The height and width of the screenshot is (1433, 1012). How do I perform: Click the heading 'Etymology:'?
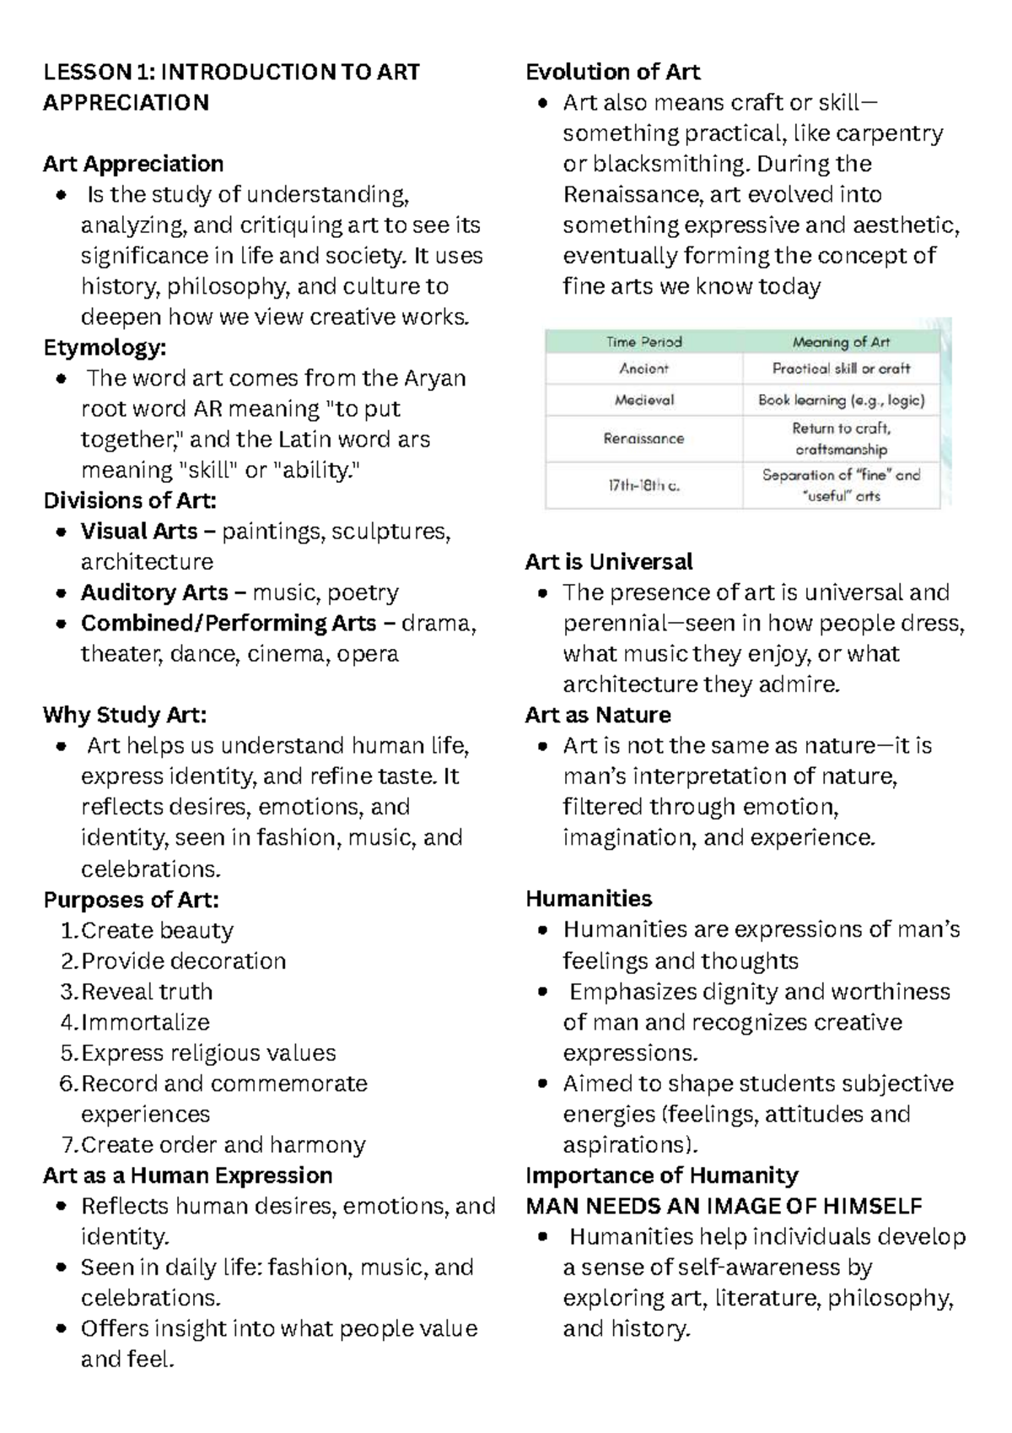(x=105, y=347)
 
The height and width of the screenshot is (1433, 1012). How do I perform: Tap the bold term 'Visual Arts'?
(x=138, y=531)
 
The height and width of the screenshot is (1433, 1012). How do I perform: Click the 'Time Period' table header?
(x=643, y=342)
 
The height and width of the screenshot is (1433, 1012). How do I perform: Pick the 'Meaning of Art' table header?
(x=841, y=342)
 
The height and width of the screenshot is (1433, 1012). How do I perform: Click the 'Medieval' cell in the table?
(x=643, y=400)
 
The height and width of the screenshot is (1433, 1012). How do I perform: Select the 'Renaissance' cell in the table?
(x=643, y=439)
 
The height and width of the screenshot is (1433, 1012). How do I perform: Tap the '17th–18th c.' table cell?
(x=643, y=486)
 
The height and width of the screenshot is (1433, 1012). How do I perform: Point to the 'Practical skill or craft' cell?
(x=841, y=369)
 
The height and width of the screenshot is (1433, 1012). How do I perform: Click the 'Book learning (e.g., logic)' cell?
(x=841, y=400)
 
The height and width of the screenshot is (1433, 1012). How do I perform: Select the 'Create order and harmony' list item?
(x=223, y=1144)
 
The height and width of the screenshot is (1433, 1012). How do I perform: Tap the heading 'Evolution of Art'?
(x=612, y=72)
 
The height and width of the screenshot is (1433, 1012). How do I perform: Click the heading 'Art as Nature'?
(x=597, y=715)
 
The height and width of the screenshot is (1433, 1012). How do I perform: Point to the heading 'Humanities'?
(x=589, y=898)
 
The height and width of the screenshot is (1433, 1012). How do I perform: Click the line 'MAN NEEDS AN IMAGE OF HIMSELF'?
(x=724, y=1206)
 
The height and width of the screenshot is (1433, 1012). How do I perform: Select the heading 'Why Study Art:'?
(x=125, y=715)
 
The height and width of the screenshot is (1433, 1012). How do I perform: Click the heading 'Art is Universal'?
(x=608, y=561)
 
